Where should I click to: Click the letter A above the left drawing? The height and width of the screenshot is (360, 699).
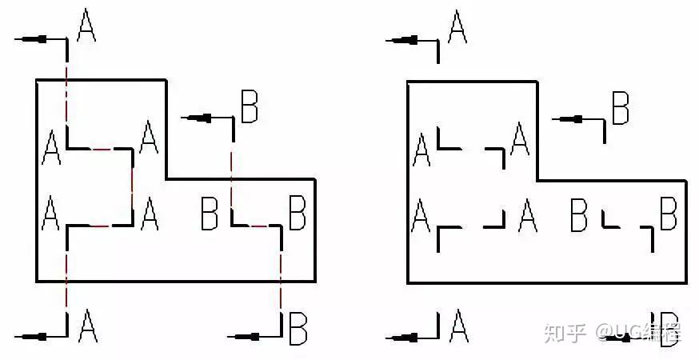tap(86, 26)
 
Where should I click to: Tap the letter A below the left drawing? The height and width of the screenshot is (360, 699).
tap(87, 326)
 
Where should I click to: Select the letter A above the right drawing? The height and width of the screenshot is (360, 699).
tap(457, 26)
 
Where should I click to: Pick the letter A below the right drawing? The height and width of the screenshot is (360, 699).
tap(458, 326)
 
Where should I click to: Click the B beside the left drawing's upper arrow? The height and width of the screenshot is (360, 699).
tap(249, 106)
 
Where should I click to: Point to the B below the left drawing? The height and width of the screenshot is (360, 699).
tap(298, 328)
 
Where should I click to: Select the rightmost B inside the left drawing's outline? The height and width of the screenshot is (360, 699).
tap(298, 214)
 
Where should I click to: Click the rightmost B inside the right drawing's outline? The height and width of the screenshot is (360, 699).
tap(668, 214)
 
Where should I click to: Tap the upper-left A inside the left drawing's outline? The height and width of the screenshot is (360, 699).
tap(51, 146)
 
